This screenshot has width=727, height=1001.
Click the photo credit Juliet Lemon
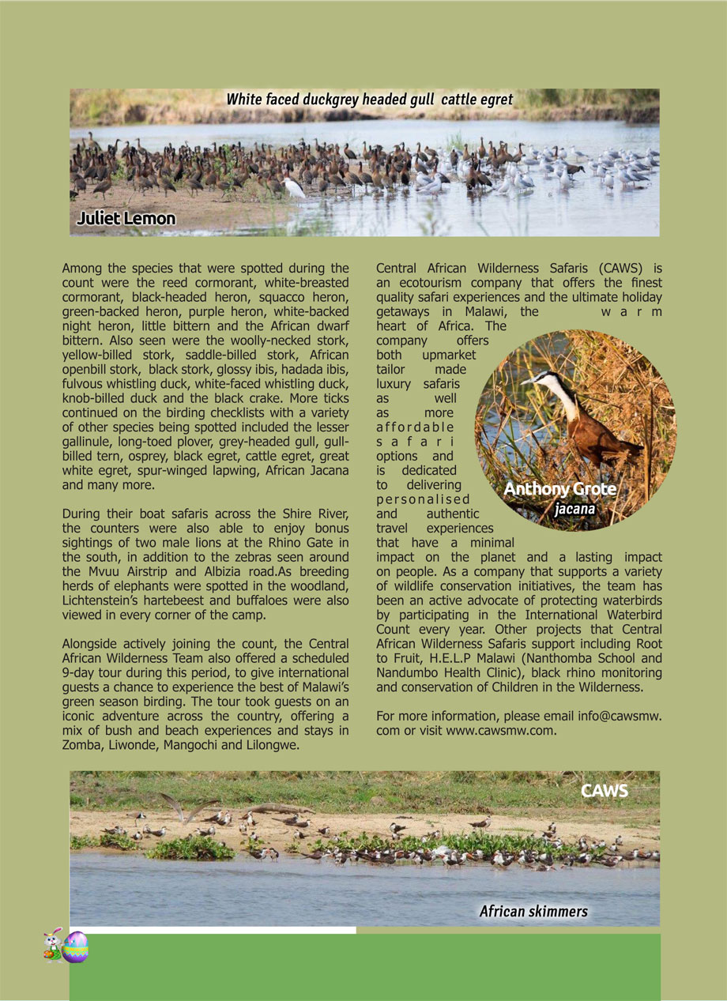126,218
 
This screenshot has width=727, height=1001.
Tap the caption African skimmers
533,912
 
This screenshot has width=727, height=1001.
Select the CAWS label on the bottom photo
605,791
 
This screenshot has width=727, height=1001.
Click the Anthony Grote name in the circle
559,489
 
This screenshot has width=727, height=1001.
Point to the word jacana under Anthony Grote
574,509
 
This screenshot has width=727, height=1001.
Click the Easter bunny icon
52,945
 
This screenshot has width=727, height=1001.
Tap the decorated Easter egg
75,946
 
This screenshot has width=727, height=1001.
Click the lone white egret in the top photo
295,187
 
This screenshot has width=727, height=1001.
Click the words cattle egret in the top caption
477,100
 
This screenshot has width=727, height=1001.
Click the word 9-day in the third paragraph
80,673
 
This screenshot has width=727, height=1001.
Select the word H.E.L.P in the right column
454,658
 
